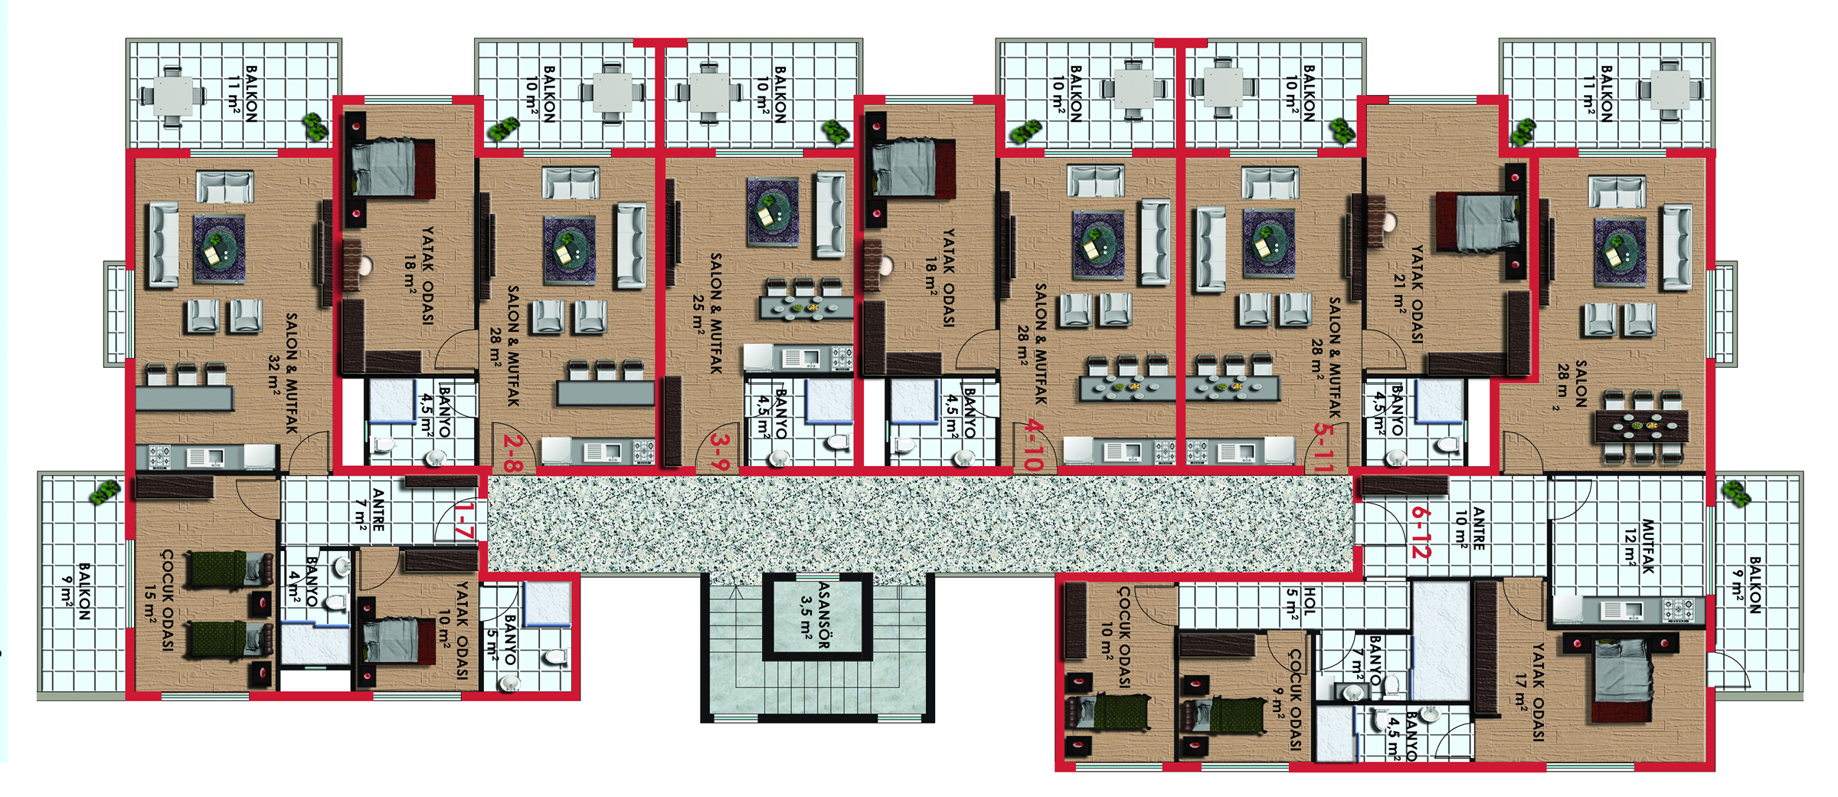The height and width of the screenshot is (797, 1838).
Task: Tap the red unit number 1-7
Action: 464,520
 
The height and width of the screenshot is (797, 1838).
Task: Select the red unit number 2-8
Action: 513,453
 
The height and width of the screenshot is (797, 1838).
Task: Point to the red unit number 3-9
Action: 720,452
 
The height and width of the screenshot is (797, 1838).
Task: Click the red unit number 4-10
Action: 1034,445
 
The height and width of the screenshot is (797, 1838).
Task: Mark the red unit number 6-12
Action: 1420,531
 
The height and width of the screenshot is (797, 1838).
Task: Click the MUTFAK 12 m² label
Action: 1639,546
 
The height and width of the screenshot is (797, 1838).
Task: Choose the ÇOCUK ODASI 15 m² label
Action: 159,599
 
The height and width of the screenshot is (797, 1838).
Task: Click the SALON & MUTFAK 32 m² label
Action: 283,373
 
